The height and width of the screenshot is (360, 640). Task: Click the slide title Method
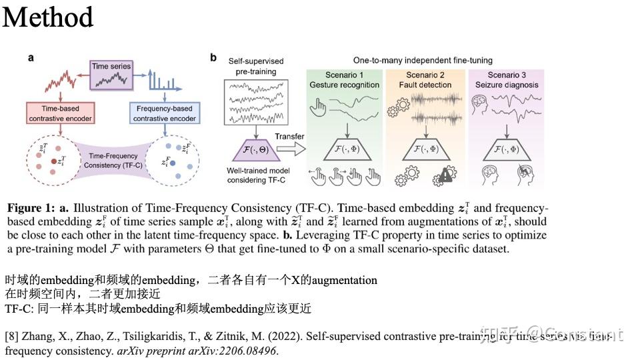pos(48,17)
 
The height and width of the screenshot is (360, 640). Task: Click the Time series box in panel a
pos(112,71)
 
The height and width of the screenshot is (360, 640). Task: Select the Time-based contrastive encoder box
pos(60,113)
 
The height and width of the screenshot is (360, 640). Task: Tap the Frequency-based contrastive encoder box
pos(164,113)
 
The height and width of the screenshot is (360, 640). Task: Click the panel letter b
pos(213,58)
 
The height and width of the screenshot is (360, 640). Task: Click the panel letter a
pos(31,58)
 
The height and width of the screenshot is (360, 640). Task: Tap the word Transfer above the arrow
pos(289,137)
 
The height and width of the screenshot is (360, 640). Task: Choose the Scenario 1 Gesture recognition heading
pos(344,80)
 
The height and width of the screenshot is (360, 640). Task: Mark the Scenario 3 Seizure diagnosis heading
pos(506,80)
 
